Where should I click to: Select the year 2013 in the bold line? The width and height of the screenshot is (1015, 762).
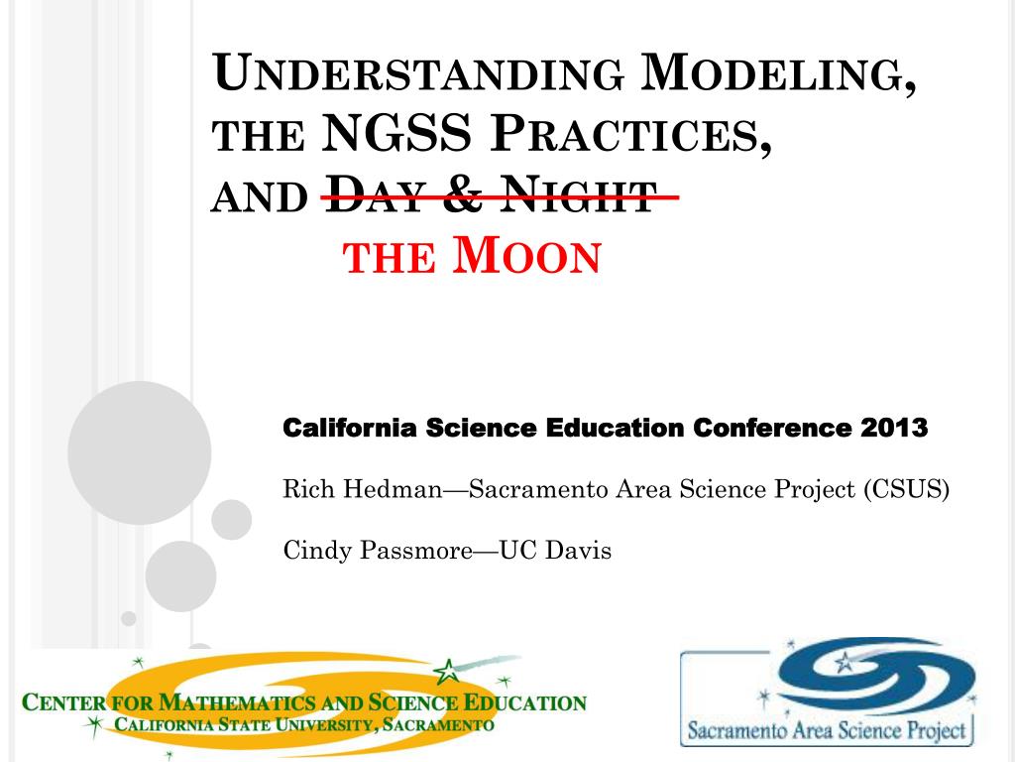893,429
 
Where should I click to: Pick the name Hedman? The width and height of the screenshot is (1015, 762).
386,489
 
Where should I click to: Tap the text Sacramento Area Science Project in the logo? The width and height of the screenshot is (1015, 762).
825,732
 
